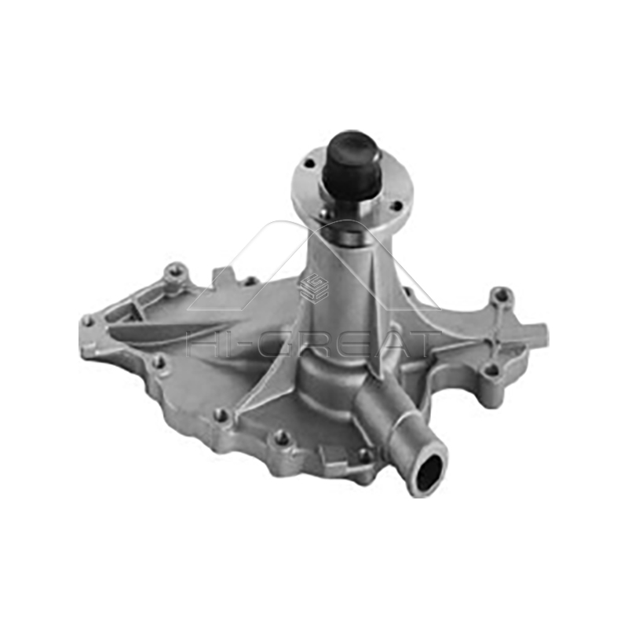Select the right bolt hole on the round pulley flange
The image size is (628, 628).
(396, 206)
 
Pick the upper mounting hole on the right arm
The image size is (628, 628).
(499, 297)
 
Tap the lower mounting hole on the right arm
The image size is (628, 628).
(491, 369)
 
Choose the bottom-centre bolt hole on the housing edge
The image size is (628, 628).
(280, 437)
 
